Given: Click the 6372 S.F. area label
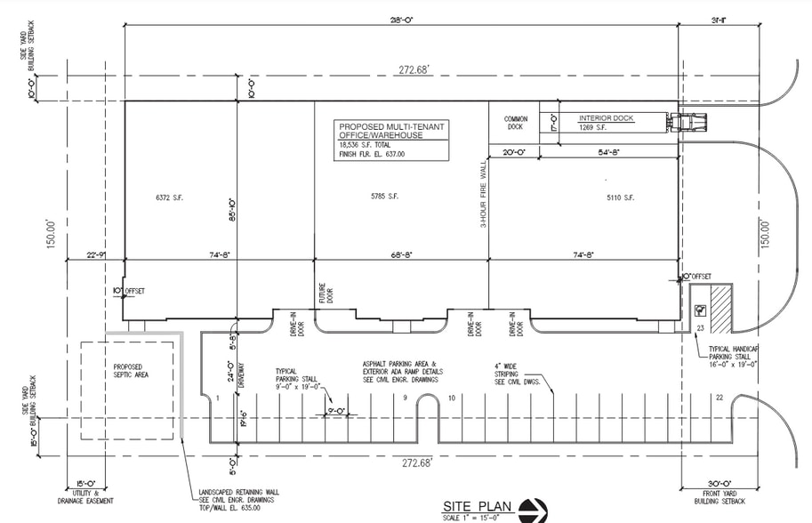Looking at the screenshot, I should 168,197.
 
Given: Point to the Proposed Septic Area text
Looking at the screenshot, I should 131,370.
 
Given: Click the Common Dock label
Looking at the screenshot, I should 516,124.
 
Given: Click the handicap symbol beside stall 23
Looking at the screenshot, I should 701,310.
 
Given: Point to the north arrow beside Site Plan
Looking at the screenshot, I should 535,510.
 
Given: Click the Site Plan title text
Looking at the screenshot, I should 478,505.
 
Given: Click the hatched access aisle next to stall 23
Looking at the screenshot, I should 720,310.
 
